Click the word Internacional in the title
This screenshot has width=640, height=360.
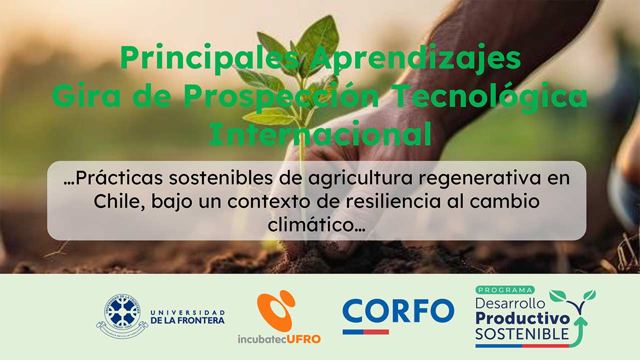[x=320, y=134]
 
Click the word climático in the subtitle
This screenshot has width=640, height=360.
[x=316, y=224]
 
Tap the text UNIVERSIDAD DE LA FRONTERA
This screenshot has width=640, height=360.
[x=187, y=316]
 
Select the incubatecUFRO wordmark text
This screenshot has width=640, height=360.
[x=279, y=338]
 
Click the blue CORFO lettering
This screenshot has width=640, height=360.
[x=398, y=310]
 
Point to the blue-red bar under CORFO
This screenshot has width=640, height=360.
[x=365, y=331]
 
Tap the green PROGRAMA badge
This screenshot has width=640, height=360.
[x=504, y=290]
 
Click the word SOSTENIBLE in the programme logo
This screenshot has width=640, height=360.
[x=522, y=333]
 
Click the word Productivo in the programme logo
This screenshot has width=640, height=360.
[x=522, y=318]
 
